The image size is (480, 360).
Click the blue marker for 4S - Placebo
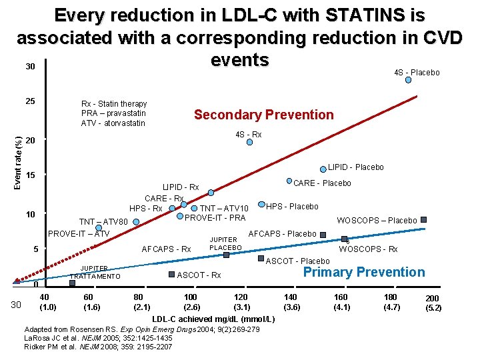coord(409,80)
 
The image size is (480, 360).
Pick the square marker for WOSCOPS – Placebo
coord(423,220)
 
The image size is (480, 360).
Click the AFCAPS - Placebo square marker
coord(323,234)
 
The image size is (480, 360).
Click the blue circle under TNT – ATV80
coord(99,228)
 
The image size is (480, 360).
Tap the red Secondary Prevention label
coord(263,115)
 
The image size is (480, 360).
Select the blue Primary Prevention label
coord(363,272)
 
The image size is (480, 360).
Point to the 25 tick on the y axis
coord(29,102)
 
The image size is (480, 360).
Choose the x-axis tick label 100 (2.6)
coord(191,302)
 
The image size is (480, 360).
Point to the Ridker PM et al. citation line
coord(98,346)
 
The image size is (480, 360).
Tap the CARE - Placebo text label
coord(322,183)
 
